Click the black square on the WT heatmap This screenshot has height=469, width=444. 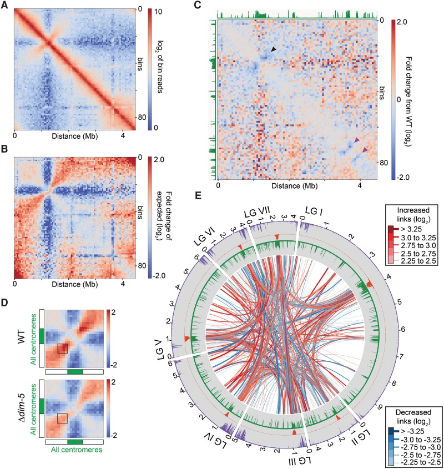(63, 348)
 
